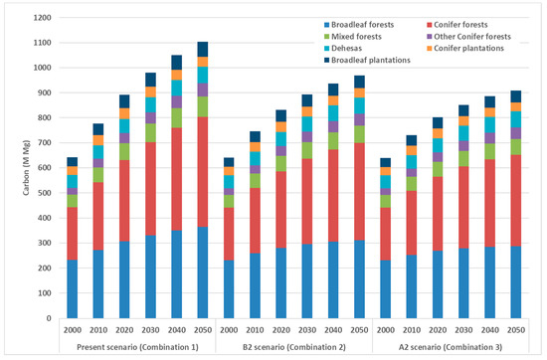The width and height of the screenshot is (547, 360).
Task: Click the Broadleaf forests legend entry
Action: [x=359, y=25]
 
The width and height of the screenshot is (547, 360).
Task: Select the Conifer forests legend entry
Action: [x=457, y=25]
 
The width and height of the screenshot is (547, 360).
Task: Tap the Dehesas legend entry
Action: [x=343, y=48]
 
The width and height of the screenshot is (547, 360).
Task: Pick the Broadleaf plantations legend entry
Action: [x=367, y=60]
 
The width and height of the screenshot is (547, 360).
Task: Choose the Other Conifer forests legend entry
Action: [x=468, y=37]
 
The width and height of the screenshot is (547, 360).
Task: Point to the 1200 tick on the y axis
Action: [x=42, y=18]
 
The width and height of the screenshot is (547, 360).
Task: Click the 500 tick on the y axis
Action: [x=45, y=193]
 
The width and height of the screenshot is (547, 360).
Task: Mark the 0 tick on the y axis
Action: [x=49, y=318]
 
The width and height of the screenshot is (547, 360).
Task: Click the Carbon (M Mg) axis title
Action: [x=26, y=168]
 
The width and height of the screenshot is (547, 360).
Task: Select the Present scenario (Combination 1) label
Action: [x=137, y=347]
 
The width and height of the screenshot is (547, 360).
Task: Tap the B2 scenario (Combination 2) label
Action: [x=294, y=347]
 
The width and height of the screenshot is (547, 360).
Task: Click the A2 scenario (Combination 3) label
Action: [x=451, y=347]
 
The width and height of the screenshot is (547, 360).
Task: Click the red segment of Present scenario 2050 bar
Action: [x=203, y=172]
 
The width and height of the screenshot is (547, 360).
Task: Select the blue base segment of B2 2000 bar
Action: [x=229, y=289]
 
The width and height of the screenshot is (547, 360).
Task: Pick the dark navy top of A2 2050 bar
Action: [x=516, y=96]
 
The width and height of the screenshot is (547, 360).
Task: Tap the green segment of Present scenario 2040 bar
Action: [x=176, y=118]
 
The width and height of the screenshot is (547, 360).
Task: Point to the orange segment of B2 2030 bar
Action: [x=307, y=111]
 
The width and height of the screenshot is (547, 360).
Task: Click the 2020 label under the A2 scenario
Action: [x=438, y=330]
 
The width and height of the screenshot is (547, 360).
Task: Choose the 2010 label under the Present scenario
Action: [x=98, y=330]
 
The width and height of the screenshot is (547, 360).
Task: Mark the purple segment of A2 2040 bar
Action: [x=489, y=138]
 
